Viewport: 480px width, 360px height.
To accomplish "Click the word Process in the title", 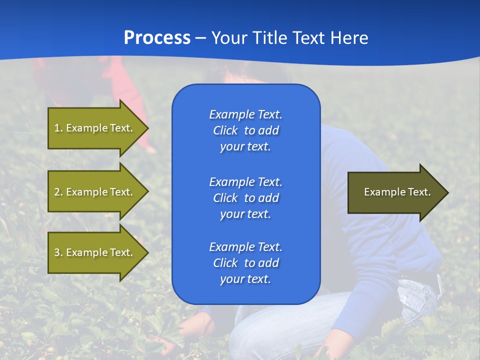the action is point(157,37).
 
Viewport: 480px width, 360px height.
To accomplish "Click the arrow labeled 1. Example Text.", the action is point(98,128).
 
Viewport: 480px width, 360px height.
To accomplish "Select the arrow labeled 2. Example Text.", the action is point(98,191).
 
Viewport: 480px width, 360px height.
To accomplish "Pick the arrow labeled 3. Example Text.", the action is point(98,252).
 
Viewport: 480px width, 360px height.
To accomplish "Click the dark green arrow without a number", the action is point(398,192).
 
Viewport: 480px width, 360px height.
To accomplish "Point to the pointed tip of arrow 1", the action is point(148,128).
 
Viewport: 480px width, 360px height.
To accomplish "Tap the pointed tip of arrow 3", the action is point(148,252).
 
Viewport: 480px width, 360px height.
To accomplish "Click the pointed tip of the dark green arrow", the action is point(448,192).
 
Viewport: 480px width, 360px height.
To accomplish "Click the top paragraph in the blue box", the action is point(246,130).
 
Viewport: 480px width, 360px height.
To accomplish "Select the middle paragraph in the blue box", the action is point(246,198).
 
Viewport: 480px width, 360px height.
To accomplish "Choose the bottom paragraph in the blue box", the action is point(246,263).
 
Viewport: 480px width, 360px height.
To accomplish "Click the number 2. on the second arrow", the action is point(58,192).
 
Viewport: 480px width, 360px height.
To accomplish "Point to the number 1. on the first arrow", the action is point(58,128).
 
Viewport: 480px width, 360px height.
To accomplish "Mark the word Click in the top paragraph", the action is point(225,130).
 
